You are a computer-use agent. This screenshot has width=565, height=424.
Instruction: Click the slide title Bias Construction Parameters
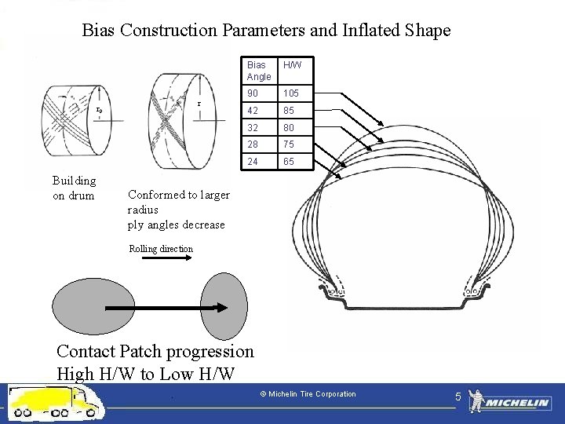pyautogui.click(x=266, y=31)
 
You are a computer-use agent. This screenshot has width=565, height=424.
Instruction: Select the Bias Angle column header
pyautogui.click(x=258, y=71)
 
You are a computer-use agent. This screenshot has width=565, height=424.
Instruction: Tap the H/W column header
pyautogui.click(x=293, y=65)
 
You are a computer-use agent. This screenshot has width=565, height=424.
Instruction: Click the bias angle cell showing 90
pyautogui.click(x=252, y=93)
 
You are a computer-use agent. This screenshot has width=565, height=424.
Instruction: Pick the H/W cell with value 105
pyautogui.click(x=291, y=93)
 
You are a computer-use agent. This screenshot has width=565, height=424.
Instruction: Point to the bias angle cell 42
pyautogui.click(x=252, y=111)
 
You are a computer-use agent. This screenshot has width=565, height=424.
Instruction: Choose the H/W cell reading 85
pyautogui.click(x=289, y=111)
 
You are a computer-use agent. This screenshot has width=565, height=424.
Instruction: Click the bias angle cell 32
pyautogui.click(x=252, y=127)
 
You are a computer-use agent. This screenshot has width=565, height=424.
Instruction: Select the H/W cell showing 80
pyautogui.click(x=289, y=127)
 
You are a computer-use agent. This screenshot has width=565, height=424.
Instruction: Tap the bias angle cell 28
pyautogui.click(x=252, y=144)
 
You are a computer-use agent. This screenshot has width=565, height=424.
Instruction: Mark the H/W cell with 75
pyautogui.click(x=289, y=144)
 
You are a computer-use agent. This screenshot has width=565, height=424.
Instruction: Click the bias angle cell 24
pyautogui.click(x=252, y=162)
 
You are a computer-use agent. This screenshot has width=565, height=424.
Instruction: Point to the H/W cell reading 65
pyautogui.click(x=289, y=162)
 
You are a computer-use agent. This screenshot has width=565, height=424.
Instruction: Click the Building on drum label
pyautogui.click(x=74, y=188)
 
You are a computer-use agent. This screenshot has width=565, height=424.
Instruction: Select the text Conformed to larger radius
pyautogui.click(x=178, y=202)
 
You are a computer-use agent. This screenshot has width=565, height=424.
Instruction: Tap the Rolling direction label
pyautogui.click(x=161, y=249)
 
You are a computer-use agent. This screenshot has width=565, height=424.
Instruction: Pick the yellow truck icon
pyautogui.click(x=55, y=402)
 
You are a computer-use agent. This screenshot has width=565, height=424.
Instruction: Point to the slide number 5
pyautogui.click(x=458, y=398)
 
